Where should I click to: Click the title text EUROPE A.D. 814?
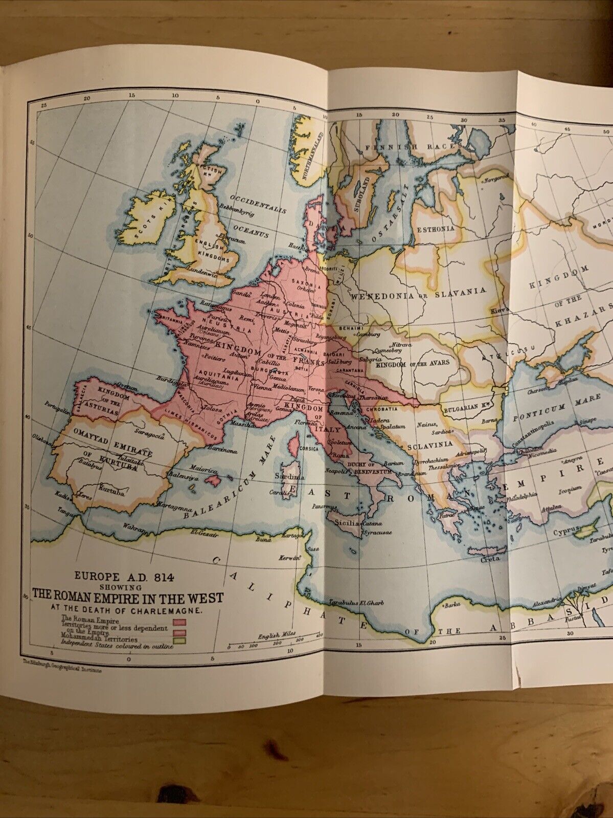[125, 576]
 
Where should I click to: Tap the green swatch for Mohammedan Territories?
[179, 639]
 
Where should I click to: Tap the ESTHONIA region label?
[436, 229]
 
